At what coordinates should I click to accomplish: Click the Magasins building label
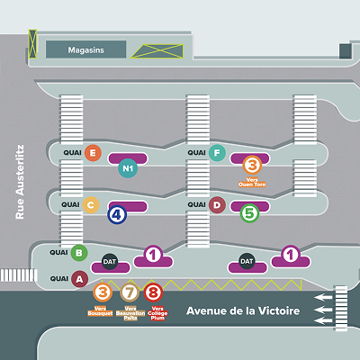85,49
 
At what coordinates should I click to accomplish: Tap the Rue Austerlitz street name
23,184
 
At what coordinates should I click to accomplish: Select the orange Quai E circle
94,153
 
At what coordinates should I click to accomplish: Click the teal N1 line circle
128,167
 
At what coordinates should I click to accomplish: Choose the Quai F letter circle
216,153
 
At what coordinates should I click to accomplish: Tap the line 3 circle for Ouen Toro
252,165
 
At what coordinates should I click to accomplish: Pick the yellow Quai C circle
90,205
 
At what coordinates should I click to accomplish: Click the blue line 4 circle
116,214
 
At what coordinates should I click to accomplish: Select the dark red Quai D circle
217,205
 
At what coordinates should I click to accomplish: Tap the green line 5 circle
249,214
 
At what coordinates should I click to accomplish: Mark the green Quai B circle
79,254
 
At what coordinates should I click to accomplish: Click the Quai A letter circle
79,279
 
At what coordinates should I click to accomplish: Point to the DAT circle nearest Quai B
110,262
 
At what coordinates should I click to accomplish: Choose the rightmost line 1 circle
291,256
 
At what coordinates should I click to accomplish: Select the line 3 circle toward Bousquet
103,292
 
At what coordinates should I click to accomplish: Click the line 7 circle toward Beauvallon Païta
129,292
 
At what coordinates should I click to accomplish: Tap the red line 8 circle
154,292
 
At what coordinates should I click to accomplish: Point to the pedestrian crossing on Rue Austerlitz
15,275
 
